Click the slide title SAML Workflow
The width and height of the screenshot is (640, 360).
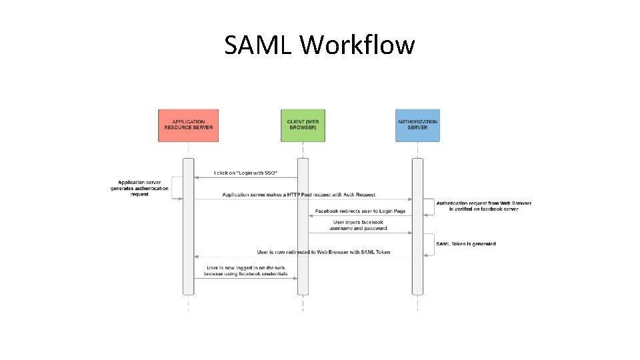pos(319,45)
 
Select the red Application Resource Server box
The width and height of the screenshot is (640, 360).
pos(188,125)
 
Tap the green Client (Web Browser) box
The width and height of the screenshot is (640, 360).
pos(303,125)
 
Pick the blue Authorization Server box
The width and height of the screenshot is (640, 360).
pos(417,125)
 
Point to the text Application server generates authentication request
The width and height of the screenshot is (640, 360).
pos(139,188)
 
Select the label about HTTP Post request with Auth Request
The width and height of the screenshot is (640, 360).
pos(299,195)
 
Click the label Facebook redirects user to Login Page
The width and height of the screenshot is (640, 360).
pos(360,211)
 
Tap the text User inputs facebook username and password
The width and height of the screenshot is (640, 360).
pos(358,225)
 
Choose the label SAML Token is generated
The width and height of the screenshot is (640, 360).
pos(466,244)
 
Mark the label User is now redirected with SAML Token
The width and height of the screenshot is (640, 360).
pos(324,252)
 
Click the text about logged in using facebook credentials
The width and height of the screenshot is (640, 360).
pos(246,270)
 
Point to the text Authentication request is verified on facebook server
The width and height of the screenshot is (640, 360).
pos(484,205)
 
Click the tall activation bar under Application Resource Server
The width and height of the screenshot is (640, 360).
pos(188,227)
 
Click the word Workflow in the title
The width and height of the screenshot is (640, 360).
pos(357,45)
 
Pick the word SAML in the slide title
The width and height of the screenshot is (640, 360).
pos(259,45)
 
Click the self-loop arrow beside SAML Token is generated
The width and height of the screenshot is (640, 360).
pos(429,244)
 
